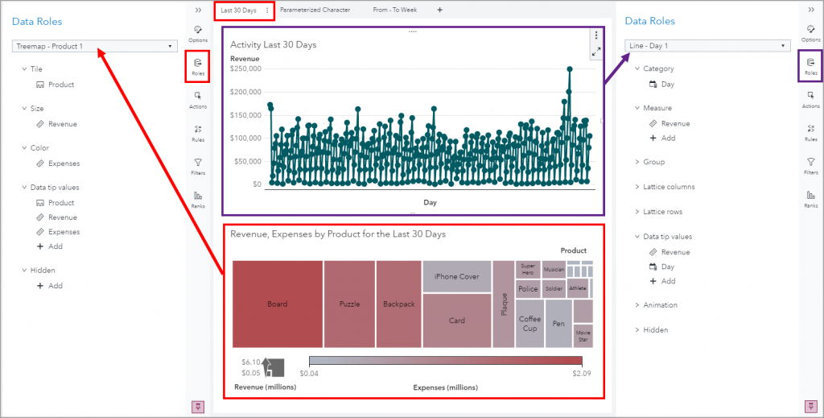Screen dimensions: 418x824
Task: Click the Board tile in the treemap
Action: [x=277, y=304]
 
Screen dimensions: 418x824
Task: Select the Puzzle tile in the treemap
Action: [x=349, y=304]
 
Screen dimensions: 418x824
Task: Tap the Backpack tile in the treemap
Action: [x=398, y=304]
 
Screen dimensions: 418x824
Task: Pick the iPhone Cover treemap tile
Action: [x=456, y=276]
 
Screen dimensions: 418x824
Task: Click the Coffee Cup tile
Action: [x=529, y=323]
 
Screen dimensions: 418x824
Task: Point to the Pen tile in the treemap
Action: [x=558, y=323]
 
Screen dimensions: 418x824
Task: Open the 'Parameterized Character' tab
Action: [x=315, y=10]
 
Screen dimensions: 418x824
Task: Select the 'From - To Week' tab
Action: [x=394, y=10]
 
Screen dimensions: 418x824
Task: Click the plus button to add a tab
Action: [x=439, y=10]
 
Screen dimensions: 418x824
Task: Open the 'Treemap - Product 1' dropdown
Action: [x=95, y=46]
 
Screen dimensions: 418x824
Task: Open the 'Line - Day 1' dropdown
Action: [x=707, y=46]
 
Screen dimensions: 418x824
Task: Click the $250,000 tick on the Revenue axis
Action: [x=245, y=68]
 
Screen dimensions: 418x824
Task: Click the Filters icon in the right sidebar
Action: [x=810, y=165]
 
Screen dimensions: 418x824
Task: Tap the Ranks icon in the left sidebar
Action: [x=198, y=198]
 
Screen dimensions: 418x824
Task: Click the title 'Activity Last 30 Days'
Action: [x=273, y=44]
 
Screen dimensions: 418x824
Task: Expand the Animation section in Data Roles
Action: [x=660, y=305]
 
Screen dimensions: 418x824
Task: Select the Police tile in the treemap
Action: [x=528, y=289]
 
